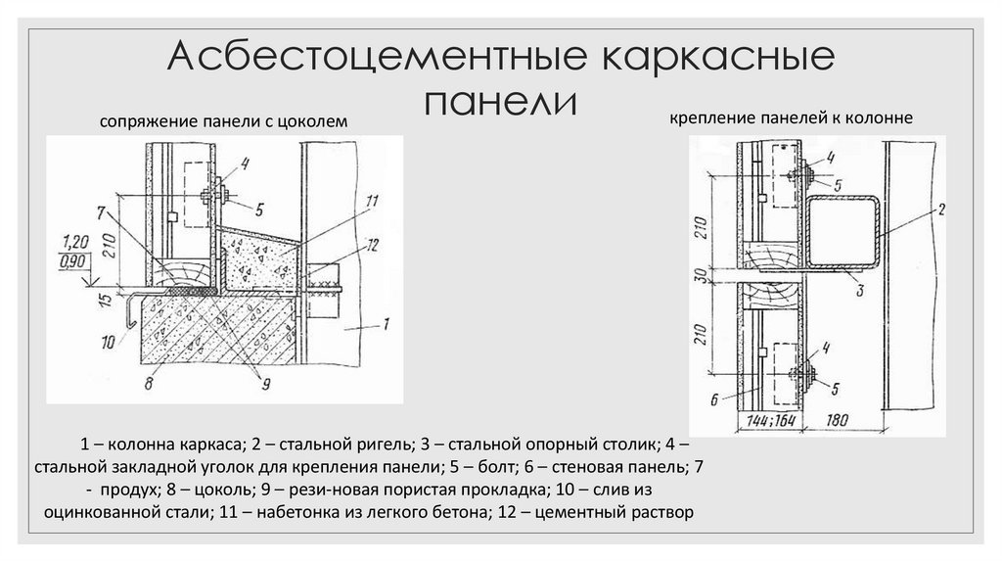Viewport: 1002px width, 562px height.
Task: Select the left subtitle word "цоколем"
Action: pyautogui.click(x=313, y=121)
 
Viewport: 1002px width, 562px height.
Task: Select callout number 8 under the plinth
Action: pyautogui.click(x=149, y=385)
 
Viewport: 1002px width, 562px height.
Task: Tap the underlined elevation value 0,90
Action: pyautogui.click(x=75, y=259)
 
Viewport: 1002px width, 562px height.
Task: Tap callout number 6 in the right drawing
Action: pyautogui.click(x=712, y=398)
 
